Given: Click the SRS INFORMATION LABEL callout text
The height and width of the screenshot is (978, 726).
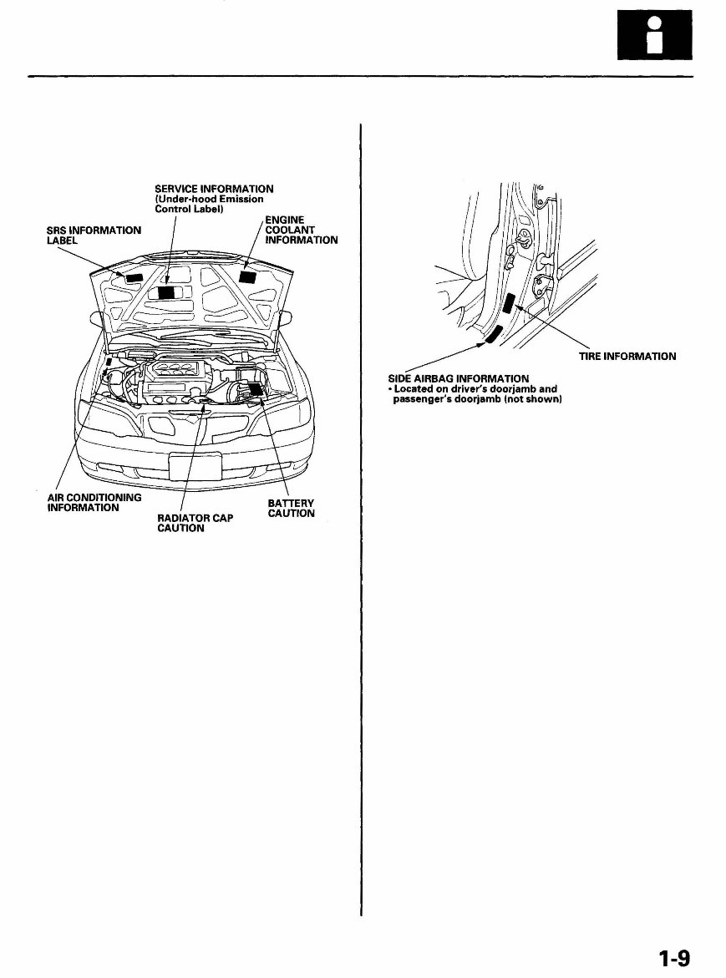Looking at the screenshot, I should tap(94, 235).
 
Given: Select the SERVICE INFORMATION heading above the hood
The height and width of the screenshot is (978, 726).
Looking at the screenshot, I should tap(214, 189).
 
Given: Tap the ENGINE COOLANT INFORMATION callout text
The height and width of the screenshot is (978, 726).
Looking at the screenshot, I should tap(301, 230).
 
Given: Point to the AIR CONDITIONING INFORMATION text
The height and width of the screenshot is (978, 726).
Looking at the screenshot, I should tap(94, 502).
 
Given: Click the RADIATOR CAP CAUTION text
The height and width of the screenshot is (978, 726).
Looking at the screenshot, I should tap(195, 523).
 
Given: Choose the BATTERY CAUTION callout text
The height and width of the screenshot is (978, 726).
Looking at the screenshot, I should tap(291, 508).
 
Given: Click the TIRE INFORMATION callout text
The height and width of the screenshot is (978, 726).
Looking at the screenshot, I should tap(627, 357).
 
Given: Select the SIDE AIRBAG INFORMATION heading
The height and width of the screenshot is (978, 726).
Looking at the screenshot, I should tap(458, 379).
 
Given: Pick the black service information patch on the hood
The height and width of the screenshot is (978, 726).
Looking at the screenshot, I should tap(167, 292).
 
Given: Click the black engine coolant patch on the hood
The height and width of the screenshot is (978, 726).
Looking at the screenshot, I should tap(247, 276).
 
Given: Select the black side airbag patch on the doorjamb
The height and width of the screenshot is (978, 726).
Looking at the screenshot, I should tap(493, 336).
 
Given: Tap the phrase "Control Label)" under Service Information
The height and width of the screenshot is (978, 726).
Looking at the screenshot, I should tap(188, 209).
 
